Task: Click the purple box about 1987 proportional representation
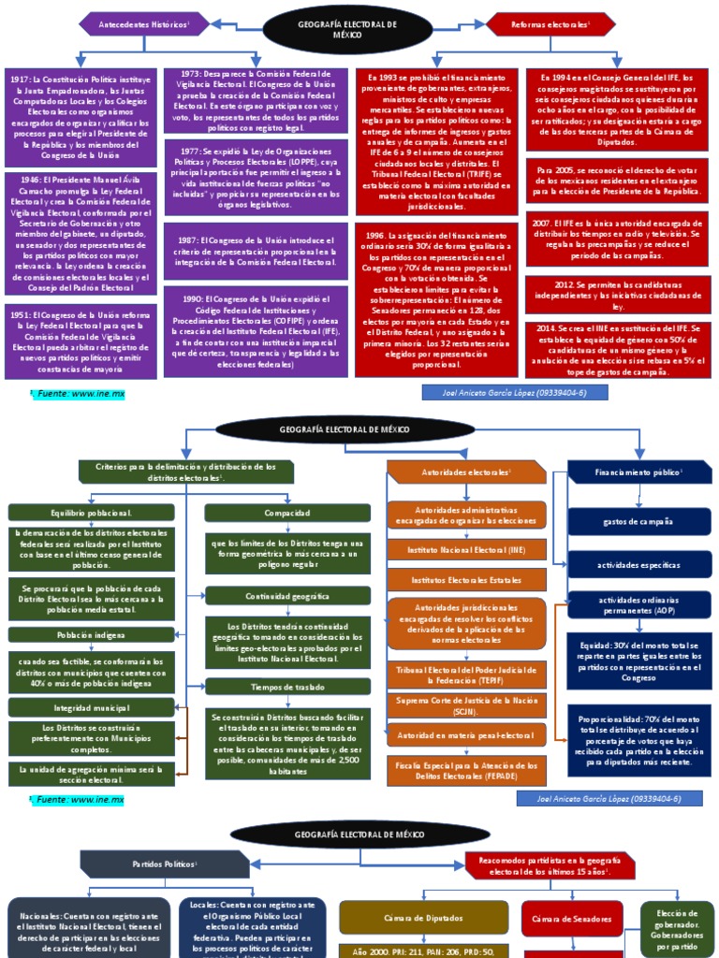point(256,251)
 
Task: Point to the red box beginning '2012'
point(617,293)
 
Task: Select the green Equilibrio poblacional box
point(91,512)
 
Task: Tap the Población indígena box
point(91,634)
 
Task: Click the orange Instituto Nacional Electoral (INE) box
point(466,550)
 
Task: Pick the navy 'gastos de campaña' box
point(638,521)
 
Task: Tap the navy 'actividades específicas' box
point(638,564)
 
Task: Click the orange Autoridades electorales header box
point(466,472)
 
